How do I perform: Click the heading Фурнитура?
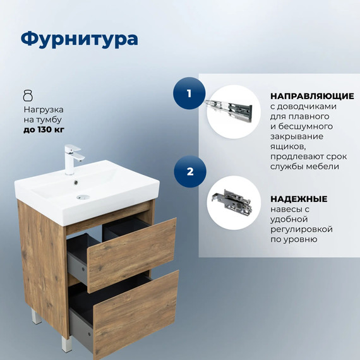coord(79,39)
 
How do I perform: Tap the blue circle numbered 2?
coord(189,171)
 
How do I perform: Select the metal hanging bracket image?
coord(233,201)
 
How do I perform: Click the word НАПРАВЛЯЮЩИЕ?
coord(311,96)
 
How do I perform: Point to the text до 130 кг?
coord(44,130)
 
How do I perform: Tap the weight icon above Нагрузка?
coord(27,95)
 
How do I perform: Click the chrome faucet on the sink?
coord(72,158)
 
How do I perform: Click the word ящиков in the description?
coord(288,147)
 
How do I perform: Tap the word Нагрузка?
coord(44,109)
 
